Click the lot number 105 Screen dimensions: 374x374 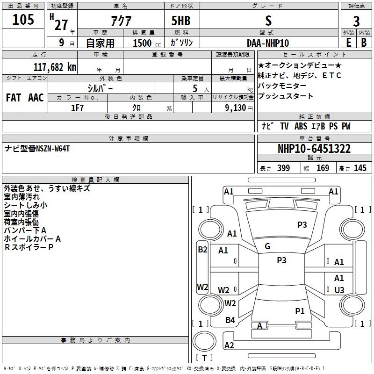[x=23, y=20]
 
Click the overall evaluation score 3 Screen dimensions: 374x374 [x=356, y=22]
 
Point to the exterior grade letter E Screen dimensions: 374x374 [x=348, y=42]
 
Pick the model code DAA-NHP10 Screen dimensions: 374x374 [x=268, y=43]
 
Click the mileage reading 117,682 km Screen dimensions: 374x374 [x=55, y=67]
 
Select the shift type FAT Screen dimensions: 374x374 [x=13, y=98]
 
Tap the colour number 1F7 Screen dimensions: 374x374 [x=77, y=108]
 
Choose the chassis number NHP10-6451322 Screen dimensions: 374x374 [x=314, y=149]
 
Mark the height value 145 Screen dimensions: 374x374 [x=360, y=168]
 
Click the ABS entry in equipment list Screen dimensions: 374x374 [x=301, y=126]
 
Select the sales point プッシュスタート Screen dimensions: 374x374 [x=286, y=96]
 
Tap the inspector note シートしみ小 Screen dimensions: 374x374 [x=26, y=205]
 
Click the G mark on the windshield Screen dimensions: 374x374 [x=267, y=246]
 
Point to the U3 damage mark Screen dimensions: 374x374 [x=339, y=290]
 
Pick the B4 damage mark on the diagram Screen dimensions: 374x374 [x=230, y=320]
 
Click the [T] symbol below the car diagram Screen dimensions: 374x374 [x=204, y=358]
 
